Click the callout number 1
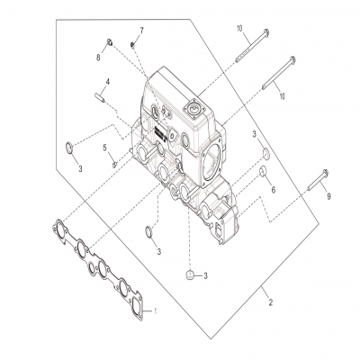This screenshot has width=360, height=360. coord(155,310)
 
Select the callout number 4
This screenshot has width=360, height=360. coord(107,82)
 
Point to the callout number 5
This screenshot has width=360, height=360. coord(104,147)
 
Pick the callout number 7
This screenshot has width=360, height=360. coord(141,31)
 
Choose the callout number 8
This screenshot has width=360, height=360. coord(98,57)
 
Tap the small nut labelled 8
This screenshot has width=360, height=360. coord(109,41)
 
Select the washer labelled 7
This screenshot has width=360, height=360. coord(132,44)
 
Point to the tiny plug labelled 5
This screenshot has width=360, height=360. coord(114,162)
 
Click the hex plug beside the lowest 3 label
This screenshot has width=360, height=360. coord(190,274)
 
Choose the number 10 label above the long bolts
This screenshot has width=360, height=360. coord(239,30)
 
